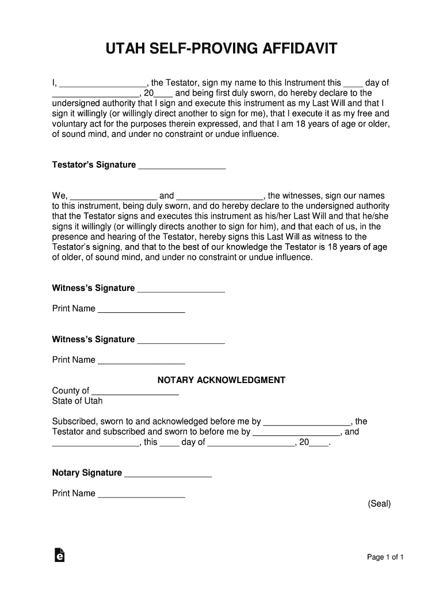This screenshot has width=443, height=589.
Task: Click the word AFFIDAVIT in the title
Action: tap(295, 50)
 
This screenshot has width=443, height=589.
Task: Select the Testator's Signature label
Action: tap(94, 165)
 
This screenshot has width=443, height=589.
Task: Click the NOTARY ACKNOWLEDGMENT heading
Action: tap(221, 380)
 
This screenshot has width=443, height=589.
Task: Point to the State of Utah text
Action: tap(78, 401)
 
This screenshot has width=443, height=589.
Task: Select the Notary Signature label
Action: tap(87, 473)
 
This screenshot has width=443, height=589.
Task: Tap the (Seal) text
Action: tap(379, 504)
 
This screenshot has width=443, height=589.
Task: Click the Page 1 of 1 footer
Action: tap(386, 557)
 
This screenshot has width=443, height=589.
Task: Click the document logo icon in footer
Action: tap(59, 555)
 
